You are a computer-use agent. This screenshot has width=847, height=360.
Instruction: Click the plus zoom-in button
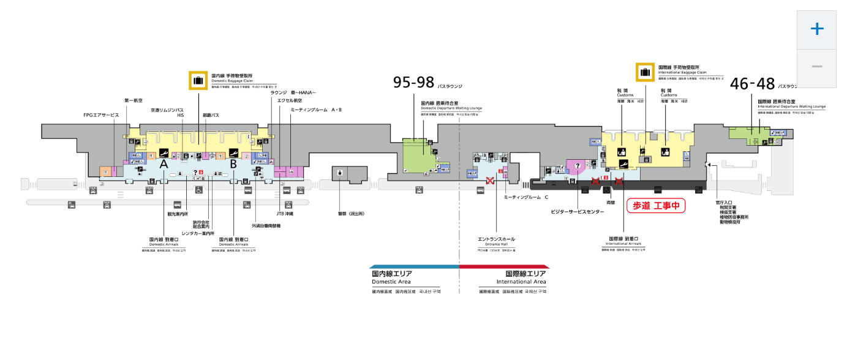pyautogui.click(x=816, y=29)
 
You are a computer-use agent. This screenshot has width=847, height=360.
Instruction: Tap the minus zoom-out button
pyautogui.click(x=816, y=66)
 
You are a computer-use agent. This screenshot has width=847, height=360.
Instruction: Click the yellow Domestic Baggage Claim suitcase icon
pyautogui.click(x=198, y=80)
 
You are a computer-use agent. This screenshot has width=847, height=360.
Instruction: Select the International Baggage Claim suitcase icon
pyautogui.click(x=645, y=72)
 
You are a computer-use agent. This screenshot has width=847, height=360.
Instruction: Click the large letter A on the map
pyautogui.click(x=164, y=164)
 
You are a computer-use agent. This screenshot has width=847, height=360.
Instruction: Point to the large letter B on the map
pyautogui.click(x=233, y=164)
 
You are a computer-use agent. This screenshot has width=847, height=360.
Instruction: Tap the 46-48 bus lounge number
pyautogui.click(x=752, y=84)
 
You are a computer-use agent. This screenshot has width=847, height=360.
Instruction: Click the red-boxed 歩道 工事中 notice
pyautogui.click(x=655, y=206)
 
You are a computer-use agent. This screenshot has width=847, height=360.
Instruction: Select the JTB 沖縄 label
pyautogui.click(x=285, y=214)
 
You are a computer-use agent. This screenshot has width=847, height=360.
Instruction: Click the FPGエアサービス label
pyautogui.click(x=101, y=115)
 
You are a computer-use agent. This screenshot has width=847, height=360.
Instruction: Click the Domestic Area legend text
pyautogui.click(x=393, y=282)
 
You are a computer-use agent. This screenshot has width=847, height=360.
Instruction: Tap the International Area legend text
pyautogui.click(x=522, y=282)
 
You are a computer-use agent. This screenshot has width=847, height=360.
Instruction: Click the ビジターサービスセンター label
pyautogui.click(x=578, y=212)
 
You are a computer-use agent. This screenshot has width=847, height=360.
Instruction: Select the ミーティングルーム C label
pyautogui.click(x=525, y=198)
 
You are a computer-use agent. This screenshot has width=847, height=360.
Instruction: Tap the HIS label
pyautogui.click(x=181, y=115)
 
